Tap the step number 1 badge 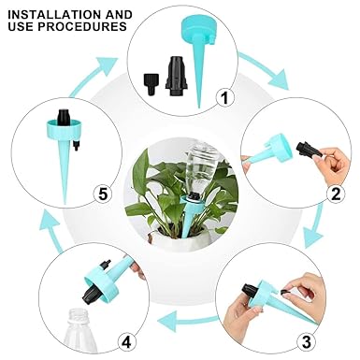click(224, 98)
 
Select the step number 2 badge click(336, 194)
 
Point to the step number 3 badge click(307, 342)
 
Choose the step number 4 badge click(126, 342)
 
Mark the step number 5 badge click(103, 194)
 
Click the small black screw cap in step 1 click(152, 84)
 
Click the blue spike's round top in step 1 click(196, 28)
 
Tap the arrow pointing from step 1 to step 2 click(264, 71)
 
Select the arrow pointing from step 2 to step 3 click(315, 225)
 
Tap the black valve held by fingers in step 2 click(309, 150)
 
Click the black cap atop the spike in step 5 click(65, 117)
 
